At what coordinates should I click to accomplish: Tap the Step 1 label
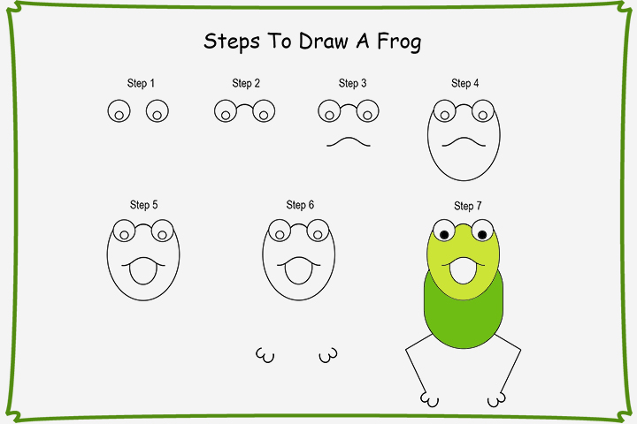[141, 84]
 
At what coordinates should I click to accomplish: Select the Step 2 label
[246, 84]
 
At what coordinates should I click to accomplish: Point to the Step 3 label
[352, 84]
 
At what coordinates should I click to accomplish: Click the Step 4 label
[464, 84]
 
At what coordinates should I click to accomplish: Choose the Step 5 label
[143, 205]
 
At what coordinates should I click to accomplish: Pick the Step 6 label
[300, 205]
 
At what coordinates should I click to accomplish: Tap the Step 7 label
[467, 206]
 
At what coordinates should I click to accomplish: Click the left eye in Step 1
[118, 111]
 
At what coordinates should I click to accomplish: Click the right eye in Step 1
[157, 111]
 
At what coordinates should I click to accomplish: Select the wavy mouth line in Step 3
[348, 141]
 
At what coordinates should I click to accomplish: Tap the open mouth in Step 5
[142, 271]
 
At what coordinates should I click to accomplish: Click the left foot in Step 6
[263, 355]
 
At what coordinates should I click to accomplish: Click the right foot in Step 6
[328, 355]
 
